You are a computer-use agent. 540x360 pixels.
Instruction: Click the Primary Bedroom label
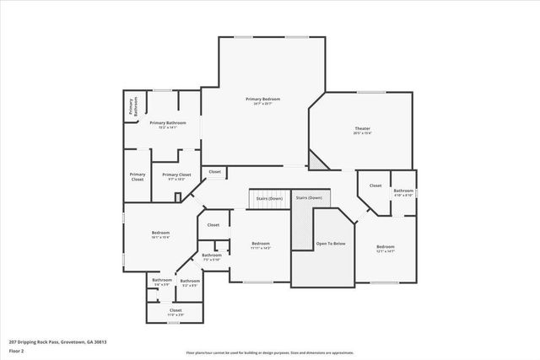click(262, 99)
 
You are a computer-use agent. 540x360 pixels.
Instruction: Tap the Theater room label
click(362, 128)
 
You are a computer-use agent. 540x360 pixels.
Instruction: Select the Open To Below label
click(331, 243)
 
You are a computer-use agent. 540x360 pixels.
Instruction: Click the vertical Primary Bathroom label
click(132, 106)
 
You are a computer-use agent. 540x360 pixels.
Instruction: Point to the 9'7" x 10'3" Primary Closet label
click(177, 175)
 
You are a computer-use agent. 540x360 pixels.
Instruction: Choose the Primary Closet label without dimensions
click(138, 177)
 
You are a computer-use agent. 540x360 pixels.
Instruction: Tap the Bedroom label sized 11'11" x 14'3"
click(260, 244)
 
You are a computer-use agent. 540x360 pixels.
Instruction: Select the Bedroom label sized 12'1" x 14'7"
click(385, 246)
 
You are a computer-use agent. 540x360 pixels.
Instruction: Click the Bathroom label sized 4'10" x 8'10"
click(403, 191)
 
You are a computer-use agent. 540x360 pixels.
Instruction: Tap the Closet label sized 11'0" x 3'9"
click(175, 310)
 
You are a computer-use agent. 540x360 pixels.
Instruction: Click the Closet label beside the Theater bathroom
click(375, 185)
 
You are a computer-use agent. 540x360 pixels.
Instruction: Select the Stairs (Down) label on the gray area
click(309, 197)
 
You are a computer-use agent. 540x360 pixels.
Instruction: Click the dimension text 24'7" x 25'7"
click(262, 104)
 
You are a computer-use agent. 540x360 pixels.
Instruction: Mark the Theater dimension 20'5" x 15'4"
click(362, 133)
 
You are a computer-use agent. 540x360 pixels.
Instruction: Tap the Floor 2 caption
click(17, 352)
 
